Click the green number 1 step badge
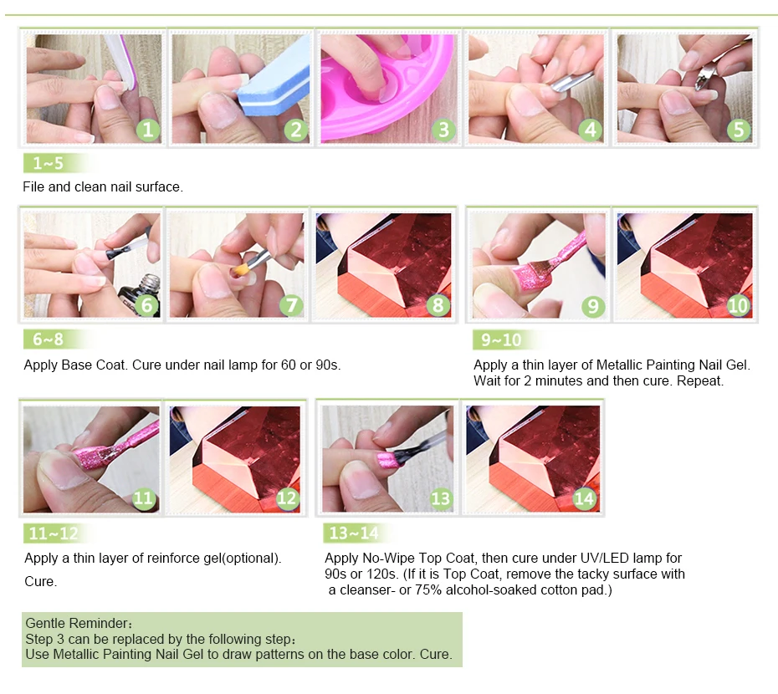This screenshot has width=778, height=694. tap(148, 130)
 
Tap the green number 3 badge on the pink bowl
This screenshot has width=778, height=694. tap(443, 130)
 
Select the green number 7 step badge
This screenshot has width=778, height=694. tap(292, 304)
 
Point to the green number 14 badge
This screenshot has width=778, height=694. tap(584, 498)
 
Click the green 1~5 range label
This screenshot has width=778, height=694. tap(49, 163)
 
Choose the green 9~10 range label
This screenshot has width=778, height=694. tap(501, 339)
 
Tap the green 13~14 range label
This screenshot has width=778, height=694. tap(354, 533)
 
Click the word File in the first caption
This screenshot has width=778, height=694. tap(33, 187)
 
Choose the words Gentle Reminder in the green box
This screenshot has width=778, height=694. tap(77, 623)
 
